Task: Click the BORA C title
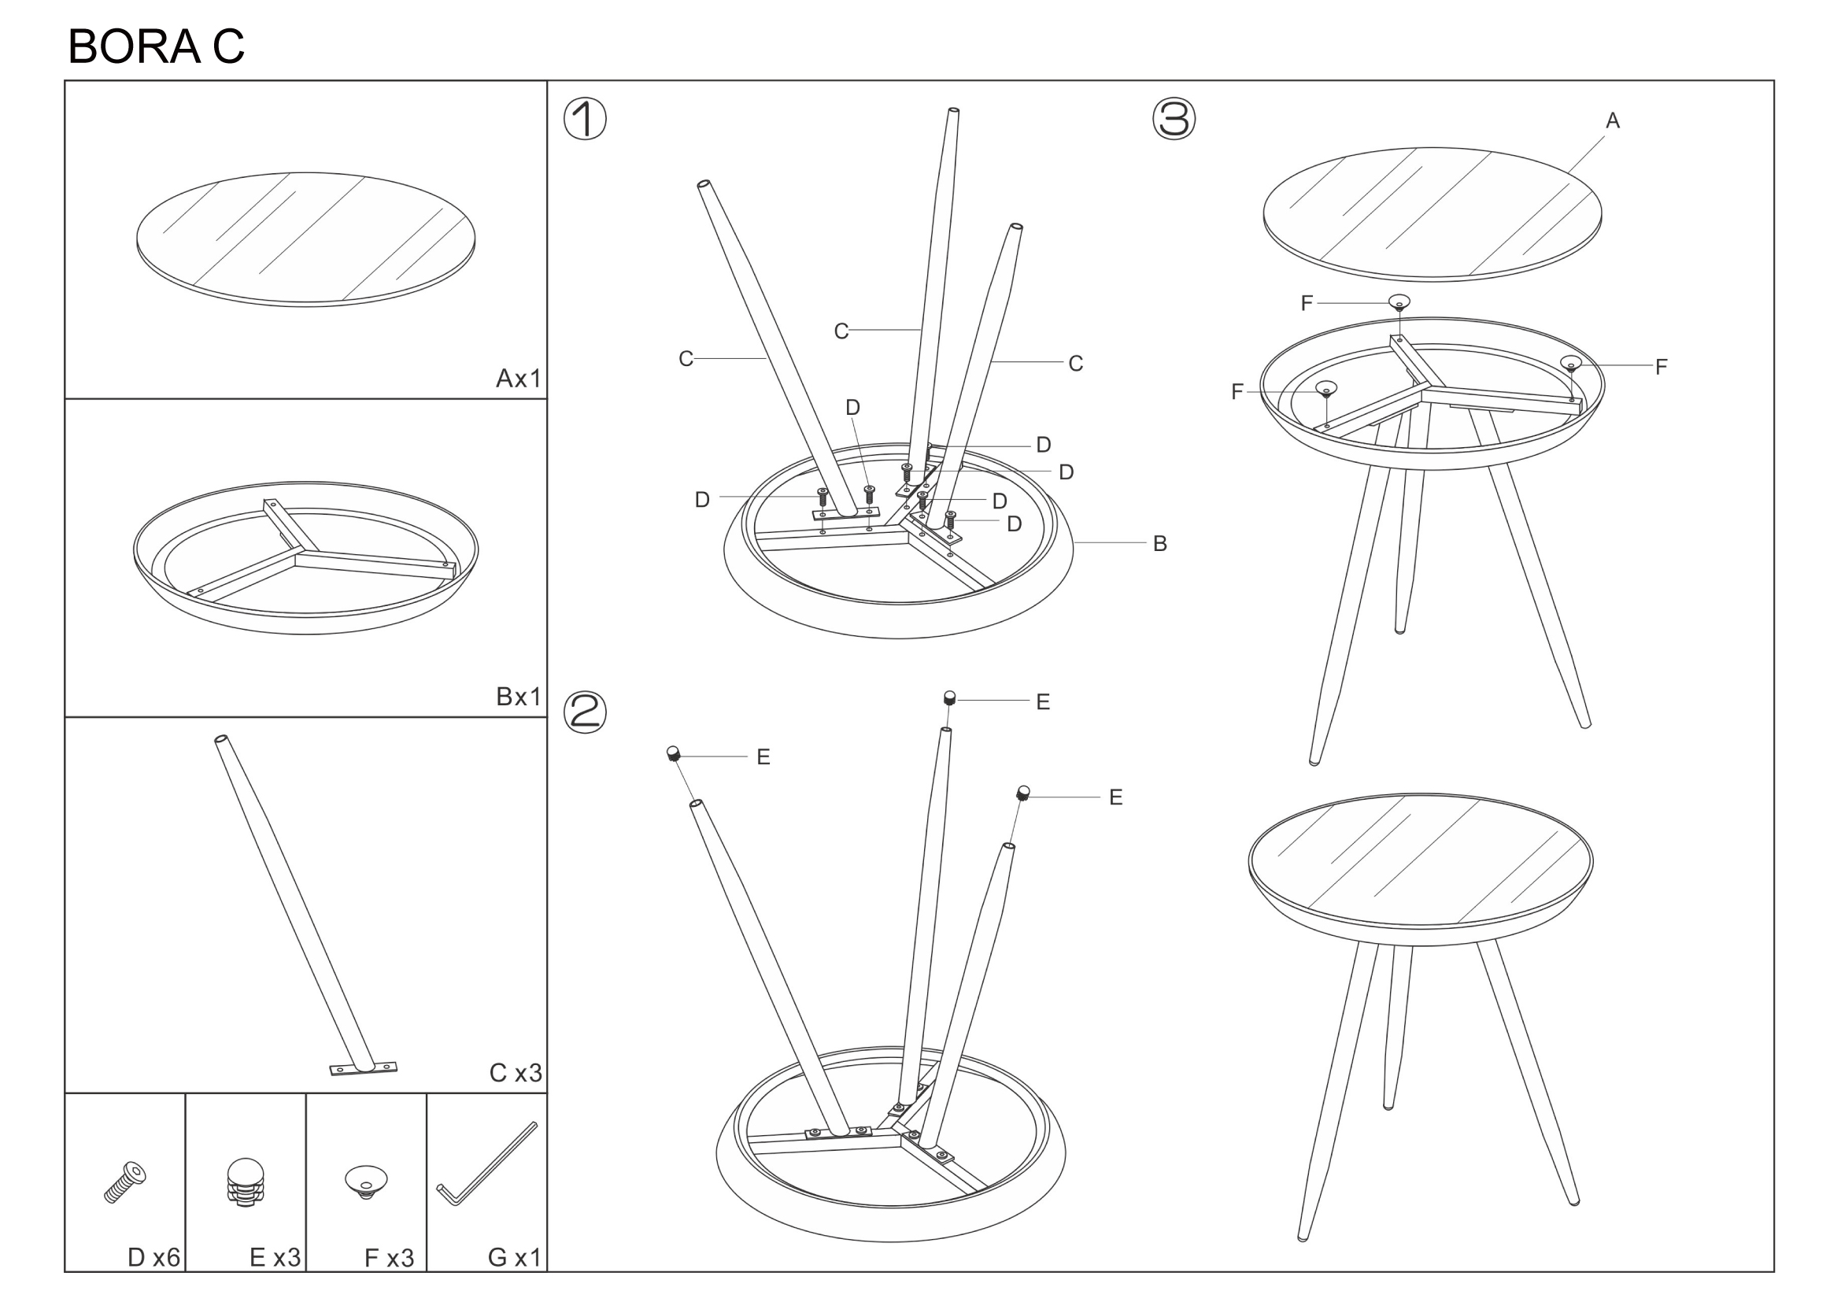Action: point(157,46)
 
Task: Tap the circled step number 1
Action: point(585,120)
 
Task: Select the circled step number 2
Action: point(585,712)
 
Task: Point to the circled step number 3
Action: point(1174,120)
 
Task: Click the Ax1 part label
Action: point(519,378)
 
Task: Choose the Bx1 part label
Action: point(519,696)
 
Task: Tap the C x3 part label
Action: point(516,1073)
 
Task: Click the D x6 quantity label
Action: point(154,1257)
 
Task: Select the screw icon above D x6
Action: point(125,1182)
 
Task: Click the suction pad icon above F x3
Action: point(366,1182)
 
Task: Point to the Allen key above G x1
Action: point(486,1163)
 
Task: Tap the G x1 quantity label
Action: point(515,1257)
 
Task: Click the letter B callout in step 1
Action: point(1159,544)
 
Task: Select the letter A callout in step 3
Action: point(1613,121)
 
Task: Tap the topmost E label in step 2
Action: point(1042,702)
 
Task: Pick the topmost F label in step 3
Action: point(1307,303)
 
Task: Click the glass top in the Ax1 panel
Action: point(305,239)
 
